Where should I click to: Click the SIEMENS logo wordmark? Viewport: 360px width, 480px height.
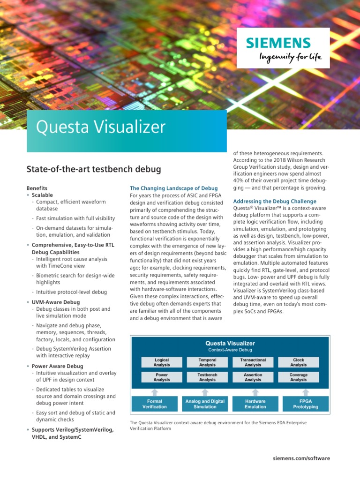tap(278, 44)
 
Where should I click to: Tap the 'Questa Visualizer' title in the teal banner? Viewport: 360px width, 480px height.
tap(101, 127)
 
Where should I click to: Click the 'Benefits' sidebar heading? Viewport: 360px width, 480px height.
tap(37, 188)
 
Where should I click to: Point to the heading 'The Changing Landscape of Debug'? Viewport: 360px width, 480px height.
tap(173, 188)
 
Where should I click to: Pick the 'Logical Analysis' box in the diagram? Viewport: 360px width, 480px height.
tap(161, 362)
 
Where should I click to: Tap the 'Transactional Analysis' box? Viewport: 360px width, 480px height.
tap(253, 362)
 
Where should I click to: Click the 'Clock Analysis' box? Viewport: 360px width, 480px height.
tap(298, 362)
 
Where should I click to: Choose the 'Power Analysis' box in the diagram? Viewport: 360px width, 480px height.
tap(161, 377)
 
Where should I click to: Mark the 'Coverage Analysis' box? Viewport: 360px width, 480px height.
tap(298, 377)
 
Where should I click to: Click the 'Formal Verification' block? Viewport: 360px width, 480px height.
tap(155, 404)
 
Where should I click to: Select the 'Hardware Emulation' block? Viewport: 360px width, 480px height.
tap(255, 404)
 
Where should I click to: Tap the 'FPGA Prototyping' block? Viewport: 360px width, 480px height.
tap(305, 404)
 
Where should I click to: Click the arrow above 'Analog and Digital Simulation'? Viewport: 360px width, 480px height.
tap(205, 391)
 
